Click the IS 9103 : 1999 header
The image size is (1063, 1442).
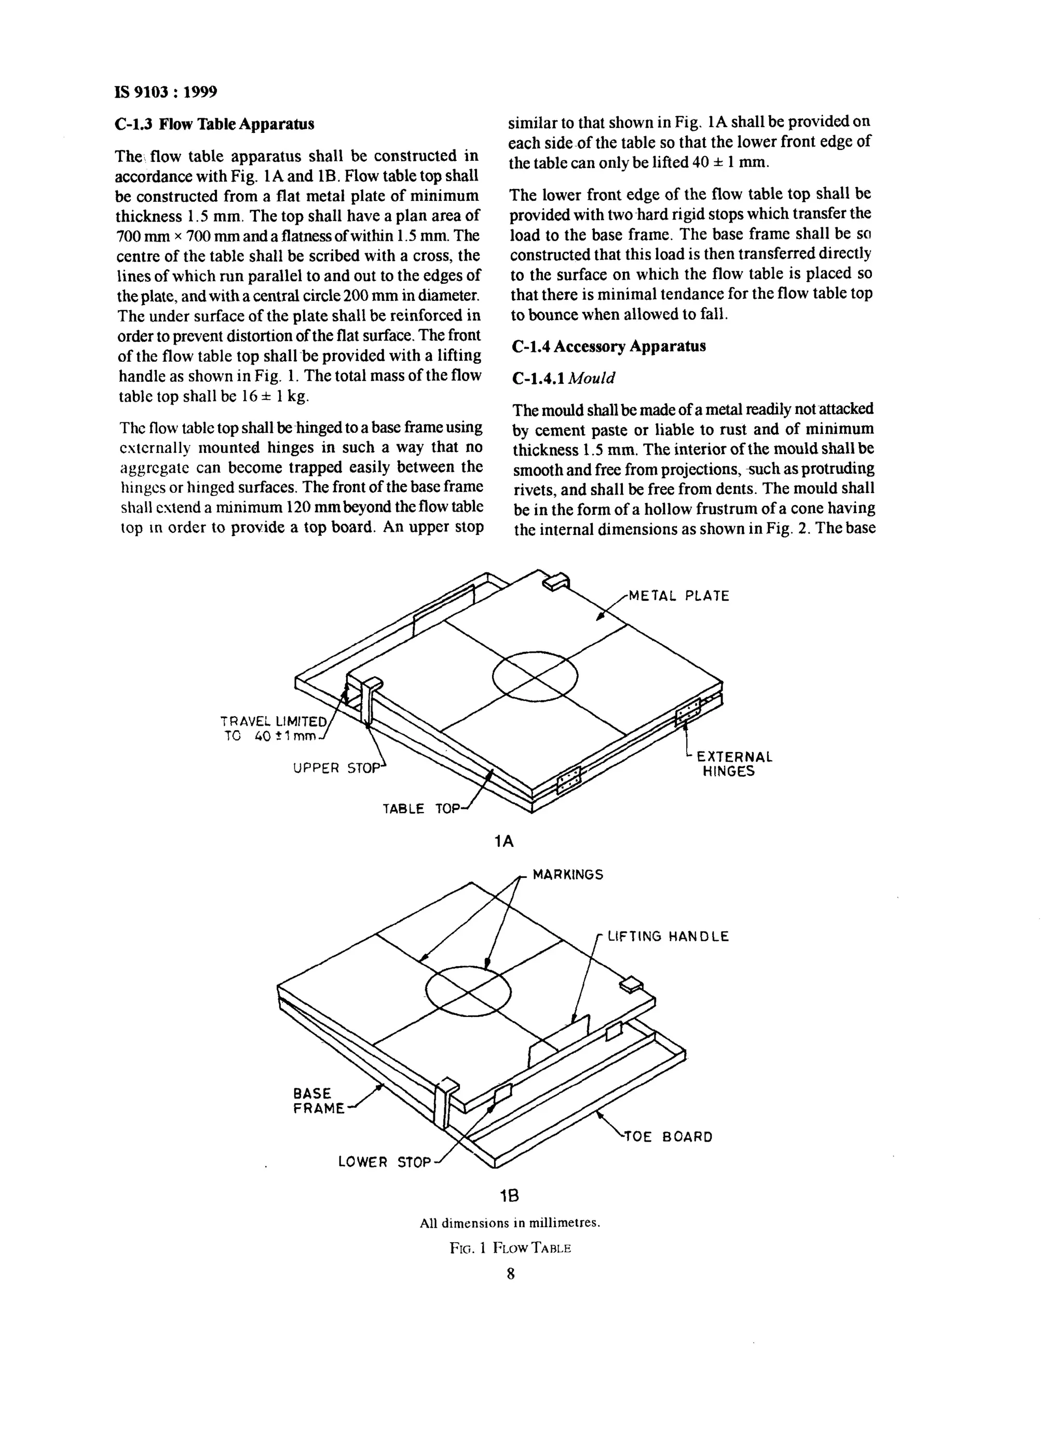(x=166, y=92)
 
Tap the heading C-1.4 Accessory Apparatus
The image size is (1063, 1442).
(x=609, y=346)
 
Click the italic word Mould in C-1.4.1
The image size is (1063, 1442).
(x=592, y=378)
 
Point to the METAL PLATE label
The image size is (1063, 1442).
(x=679, y=596)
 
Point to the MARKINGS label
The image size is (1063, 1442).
(x=567, y=875)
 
